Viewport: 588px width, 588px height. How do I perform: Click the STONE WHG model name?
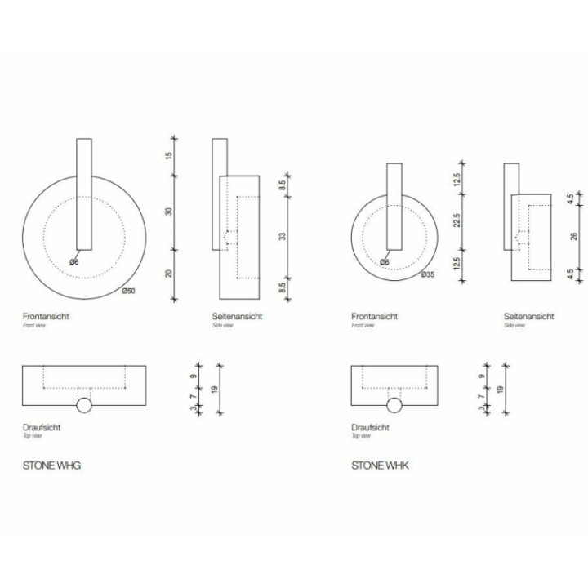(x=51, y=466)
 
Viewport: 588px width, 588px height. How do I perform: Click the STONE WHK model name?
(x=381, y=466)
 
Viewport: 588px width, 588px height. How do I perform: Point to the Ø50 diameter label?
(x=129, y=292)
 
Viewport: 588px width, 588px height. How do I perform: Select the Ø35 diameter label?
(x=428, y=274)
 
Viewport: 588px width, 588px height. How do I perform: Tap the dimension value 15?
(x=169, y=155)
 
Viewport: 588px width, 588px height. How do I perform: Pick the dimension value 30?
(x=169, y=211)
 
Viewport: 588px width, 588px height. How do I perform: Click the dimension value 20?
(x=169, y=273)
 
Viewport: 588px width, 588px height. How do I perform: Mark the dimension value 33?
(x=282, y=236)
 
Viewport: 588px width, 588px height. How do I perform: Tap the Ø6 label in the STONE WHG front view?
(x=74, y=262)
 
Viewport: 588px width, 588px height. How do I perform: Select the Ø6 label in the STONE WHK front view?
(x=385, y=262)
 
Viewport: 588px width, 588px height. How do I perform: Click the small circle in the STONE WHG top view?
(x=84, y=406)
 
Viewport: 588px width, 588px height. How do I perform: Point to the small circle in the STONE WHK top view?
(x=394, y=406)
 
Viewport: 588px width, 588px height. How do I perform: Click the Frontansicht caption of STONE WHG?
(x=46, y=316)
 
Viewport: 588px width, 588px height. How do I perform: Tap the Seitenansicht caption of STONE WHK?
(x=528, y=316)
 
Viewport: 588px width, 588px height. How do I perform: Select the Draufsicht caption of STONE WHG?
(x=42, y=427)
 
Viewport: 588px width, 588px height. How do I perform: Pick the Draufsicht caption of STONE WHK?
(x=369, y=427)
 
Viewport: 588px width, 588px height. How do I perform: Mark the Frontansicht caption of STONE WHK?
(x=374, y=316)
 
